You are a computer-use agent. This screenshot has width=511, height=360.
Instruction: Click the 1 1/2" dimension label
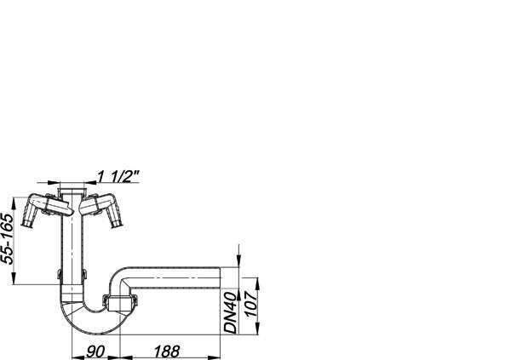click(118, 176)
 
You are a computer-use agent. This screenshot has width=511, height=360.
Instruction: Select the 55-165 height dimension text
click(8, 238)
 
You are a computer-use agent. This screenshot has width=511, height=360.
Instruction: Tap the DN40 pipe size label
click(230, 312)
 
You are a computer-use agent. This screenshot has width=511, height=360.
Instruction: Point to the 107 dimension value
click(250, 305)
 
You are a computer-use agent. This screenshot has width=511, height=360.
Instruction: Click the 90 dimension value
click(95, 351)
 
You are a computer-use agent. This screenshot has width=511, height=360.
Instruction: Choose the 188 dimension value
click(167, 351)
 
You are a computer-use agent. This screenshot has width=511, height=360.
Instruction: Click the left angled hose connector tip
click(27, 224)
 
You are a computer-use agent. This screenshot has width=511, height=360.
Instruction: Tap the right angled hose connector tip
click(117, 225)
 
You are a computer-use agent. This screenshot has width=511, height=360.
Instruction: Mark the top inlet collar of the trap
click(72, 190)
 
